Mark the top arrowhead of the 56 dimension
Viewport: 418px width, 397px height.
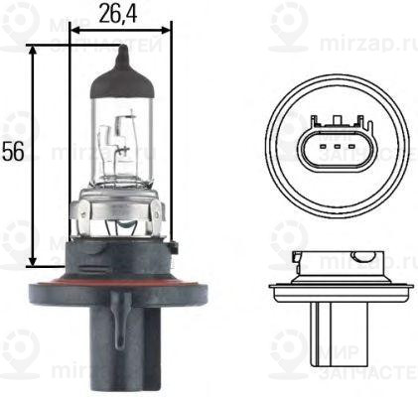[35, 50]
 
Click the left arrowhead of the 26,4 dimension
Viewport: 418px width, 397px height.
[74, 29]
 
